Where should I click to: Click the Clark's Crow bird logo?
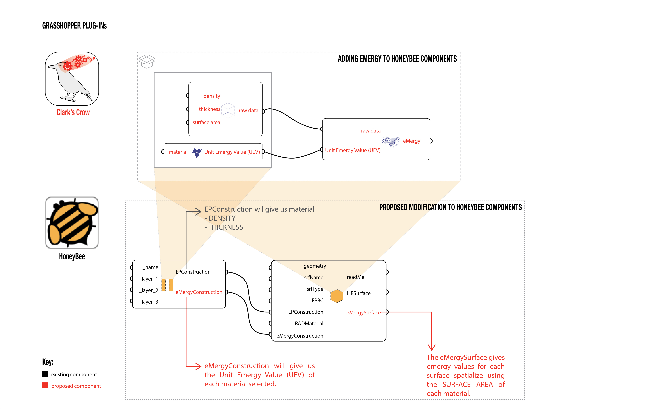72,78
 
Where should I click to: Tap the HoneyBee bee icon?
72,222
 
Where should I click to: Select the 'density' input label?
212,96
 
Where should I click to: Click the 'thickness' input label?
210,109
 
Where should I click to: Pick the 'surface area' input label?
206,122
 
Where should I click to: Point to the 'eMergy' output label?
411,141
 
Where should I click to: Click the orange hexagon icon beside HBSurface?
337,296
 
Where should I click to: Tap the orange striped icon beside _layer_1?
167,285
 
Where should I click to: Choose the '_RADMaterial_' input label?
309,323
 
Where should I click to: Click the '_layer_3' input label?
149,302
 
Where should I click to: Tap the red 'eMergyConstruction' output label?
199,292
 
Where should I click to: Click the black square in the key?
45,374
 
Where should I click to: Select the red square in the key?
45,385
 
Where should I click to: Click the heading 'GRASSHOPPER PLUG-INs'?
74,26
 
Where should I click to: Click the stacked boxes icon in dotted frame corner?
147,62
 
